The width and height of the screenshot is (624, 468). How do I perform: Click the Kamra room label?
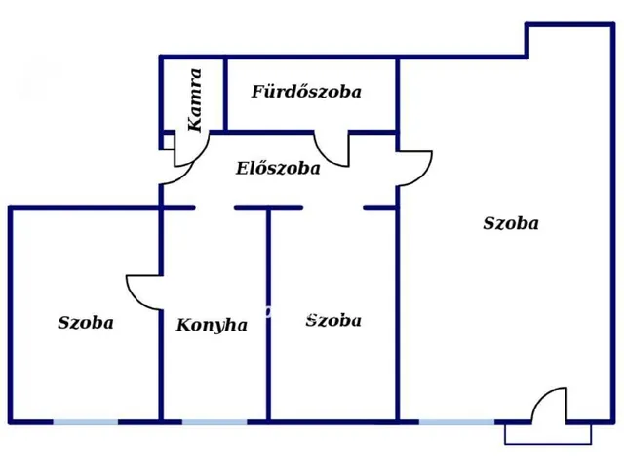tap(195, 99)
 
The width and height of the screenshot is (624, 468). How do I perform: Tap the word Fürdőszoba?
tap(306, 92)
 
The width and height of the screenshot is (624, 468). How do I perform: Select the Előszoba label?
tap(278, 168)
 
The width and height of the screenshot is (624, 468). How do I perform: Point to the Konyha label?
tap(212, 325)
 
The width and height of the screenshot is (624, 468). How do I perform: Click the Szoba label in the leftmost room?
tap(86, 323)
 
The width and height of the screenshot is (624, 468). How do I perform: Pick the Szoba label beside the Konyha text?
tap(333, 321)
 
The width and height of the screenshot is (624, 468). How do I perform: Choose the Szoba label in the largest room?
tap(511, 223)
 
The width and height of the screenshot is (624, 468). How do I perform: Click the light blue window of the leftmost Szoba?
tap(86, 422)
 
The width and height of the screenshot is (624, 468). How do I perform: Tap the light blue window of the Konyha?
tap(214, 422)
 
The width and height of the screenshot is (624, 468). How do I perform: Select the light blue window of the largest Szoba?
tap(457, 422)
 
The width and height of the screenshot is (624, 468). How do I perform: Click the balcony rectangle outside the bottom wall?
tap(548, 443)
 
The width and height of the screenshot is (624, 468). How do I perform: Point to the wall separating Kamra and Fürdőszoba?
tap(225, 94)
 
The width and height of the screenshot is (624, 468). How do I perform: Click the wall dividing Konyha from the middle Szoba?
tap(269, 314)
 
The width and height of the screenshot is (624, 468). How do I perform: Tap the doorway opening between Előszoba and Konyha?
tap(214, 208)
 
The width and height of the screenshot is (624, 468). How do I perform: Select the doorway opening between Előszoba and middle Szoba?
tap(333, 208)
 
